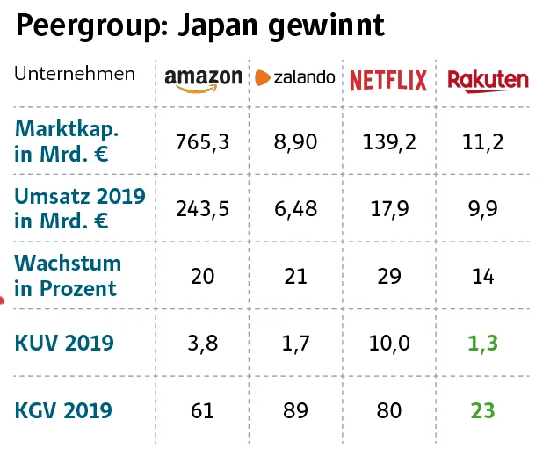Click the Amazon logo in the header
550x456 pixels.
(203, 78)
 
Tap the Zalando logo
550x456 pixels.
(295, 77)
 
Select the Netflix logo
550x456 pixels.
(387, 81)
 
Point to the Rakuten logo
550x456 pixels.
(488, 80)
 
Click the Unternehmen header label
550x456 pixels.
(75, 73)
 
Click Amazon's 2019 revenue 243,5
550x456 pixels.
(203, 208)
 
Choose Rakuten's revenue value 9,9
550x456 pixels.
(482, 208)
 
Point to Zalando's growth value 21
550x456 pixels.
(295, 276)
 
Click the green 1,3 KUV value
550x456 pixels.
(482, 343)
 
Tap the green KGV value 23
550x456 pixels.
(482, 409)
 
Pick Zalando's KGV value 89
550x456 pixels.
(295, 409)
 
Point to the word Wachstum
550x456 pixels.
(68, 264)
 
